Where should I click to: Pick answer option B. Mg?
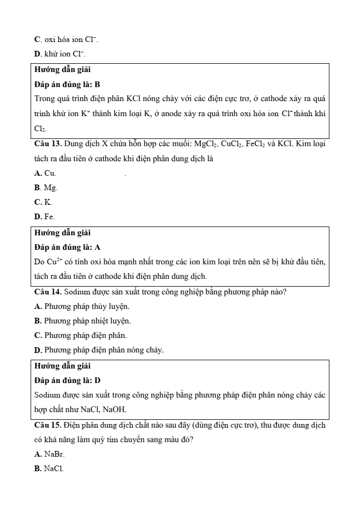pos(46,188)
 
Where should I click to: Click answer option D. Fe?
pos(45,216)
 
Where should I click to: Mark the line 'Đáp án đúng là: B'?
pos(67,84)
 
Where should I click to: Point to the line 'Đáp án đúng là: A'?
pos(67,247)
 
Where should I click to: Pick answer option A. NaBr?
pos(50,454)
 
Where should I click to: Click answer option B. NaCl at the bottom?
pos(49,469)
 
